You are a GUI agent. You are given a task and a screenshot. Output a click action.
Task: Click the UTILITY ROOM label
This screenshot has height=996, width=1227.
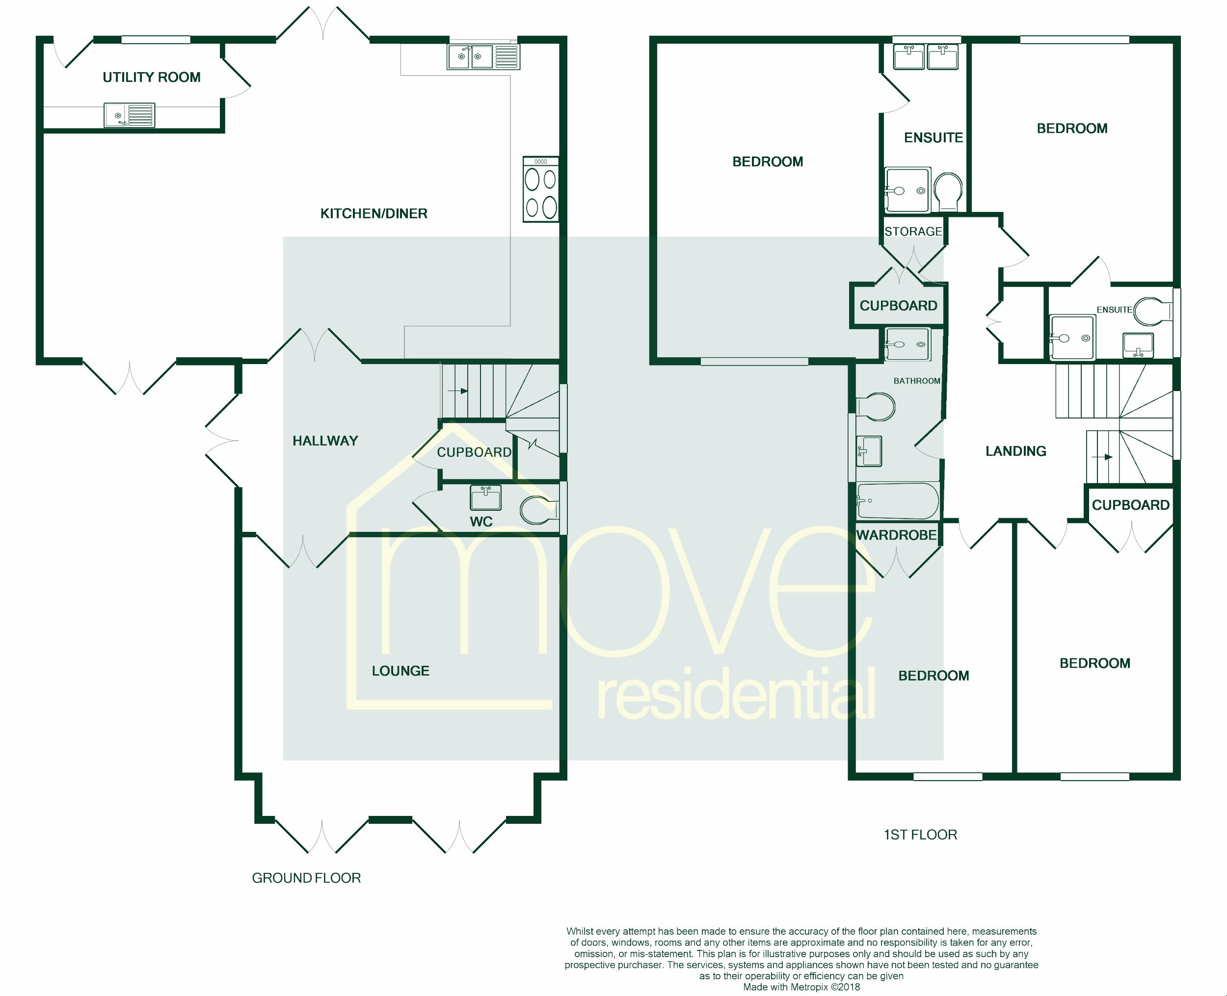click(x=152, y=77)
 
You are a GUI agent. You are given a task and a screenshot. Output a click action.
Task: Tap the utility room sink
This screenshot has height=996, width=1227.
click(x=129, y=115)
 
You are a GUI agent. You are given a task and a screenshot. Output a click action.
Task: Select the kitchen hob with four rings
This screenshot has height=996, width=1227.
click(x=540, y=189)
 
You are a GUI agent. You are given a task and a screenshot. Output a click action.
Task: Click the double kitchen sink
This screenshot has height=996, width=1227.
click(x=483, y=57)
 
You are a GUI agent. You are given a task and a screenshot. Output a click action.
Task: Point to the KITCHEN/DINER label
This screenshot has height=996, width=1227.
click(x=373, y=213)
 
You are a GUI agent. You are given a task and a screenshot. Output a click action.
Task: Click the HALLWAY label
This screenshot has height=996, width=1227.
click(x=325, y=441)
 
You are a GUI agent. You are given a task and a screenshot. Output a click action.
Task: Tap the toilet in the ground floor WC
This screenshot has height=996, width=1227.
click(x=539, y=509)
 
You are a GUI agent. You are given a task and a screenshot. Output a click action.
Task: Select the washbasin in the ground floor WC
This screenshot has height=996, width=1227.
click(x=485, y=498)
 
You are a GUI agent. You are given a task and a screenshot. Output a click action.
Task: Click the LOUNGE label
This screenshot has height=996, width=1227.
click(x=400, y=671)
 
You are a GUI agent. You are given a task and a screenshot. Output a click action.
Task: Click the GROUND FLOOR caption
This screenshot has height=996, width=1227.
click(x=306, y=878)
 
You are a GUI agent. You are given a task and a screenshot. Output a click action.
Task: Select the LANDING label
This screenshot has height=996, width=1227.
click(x=1016, y=451)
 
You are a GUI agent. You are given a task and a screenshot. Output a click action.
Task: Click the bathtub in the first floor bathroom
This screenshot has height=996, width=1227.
click(x=898, y=500)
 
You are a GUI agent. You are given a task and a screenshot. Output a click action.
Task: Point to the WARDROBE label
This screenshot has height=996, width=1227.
click(x=896, y=535)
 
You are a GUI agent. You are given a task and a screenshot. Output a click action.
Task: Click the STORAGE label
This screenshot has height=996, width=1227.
click(x=913, y=231)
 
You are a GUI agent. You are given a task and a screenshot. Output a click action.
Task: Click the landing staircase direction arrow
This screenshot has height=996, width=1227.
click(x=1102, y=457)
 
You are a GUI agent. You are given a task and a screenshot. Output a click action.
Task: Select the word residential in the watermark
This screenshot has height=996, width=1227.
click(x=736, y=694)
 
